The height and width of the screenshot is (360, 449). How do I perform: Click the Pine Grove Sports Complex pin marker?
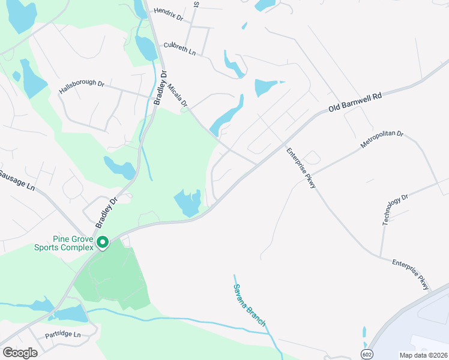[x=103, y=242]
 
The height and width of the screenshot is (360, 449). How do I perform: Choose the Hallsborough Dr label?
[x=82, y=88]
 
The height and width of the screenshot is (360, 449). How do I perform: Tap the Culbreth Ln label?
[x=179, y=49]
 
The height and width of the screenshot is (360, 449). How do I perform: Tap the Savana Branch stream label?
[x=250, y=305]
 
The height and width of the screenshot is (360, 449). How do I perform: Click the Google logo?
[x=20, y=353]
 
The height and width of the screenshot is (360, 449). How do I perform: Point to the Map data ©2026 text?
[x=424, y=355]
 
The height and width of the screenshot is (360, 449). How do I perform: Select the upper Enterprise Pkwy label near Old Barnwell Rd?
[x=302, y=169]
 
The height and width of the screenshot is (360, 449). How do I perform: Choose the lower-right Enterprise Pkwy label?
[x=412, y=275]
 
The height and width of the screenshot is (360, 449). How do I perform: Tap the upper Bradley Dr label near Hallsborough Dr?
[x=159, y=89]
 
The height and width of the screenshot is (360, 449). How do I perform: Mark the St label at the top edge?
[x=196, y=4]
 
